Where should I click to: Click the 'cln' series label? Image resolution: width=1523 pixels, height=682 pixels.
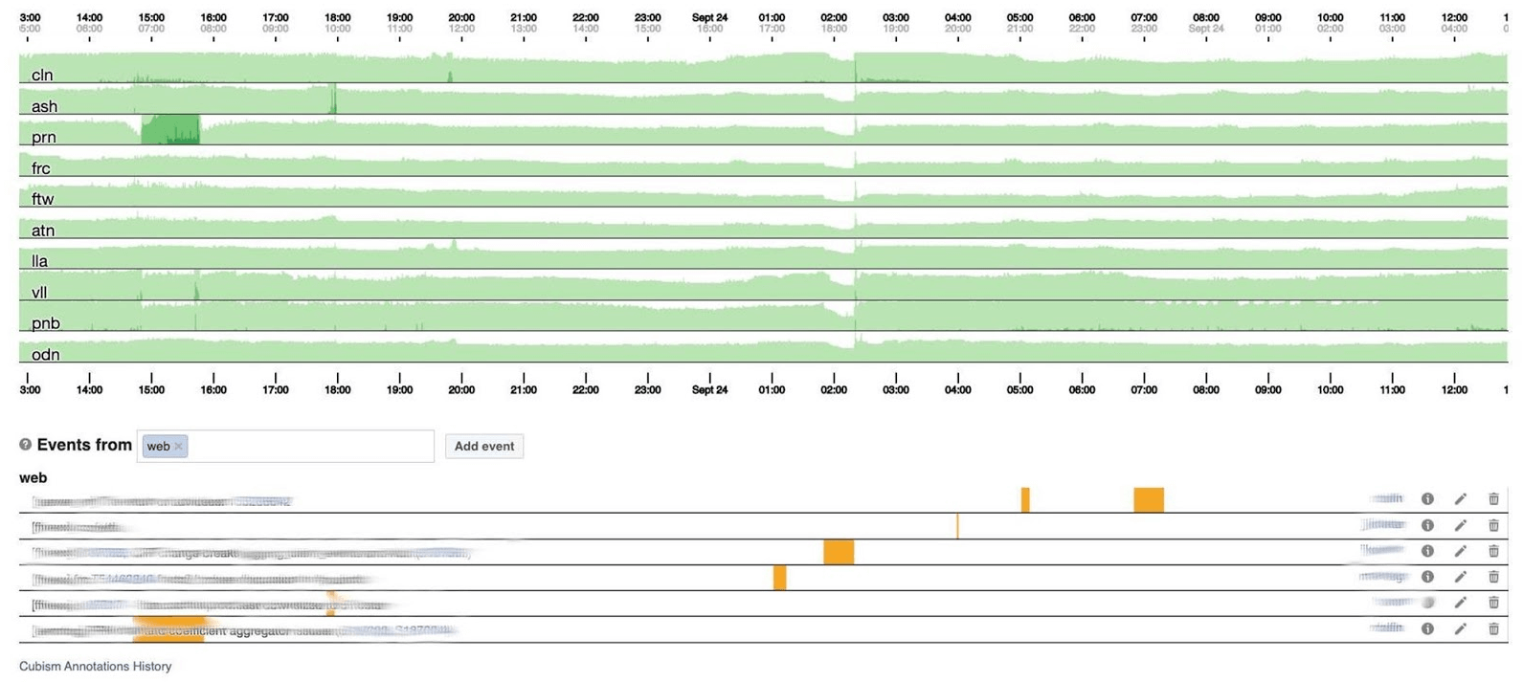[42, 75]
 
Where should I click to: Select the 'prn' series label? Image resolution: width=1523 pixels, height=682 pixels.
[43, 137]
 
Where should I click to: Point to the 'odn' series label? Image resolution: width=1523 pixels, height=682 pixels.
[45, 354]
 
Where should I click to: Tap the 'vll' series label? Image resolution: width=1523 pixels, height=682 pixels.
[39, 292]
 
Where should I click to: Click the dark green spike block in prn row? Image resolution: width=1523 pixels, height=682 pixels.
[170, 129]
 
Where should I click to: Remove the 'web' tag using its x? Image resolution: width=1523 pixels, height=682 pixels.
[178, 446]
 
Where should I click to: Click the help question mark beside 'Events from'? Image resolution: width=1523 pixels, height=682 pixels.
[26, 445]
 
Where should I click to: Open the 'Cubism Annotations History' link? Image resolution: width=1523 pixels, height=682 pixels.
[95, 666]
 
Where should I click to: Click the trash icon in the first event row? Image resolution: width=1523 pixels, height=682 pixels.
[1492, 498]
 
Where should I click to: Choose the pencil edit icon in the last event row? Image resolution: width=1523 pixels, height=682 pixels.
[1460, 628]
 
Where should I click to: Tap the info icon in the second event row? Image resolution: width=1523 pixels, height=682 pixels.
[1427, 525]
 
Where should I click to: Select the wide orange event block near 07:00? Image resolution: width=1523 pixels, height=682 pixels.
[1149, 499]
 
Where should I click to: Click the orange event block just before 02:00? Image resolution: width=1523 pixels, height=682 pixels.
[839, 552]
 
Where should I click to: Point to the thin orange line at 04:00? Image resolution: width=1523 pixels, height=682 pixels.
[957, 525]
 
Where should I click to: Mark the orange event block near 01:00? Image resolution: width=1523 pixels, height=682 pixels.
[780, 577]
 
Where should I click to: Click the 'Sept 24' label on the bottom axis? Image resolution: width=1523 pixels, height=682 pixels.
[709, 389]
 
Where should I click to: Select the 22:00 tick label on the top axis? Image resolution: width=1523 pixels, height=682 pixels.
[585, 17]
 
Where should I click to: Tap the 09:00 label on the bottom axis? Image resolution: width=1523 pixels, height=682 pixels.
[1267, 389]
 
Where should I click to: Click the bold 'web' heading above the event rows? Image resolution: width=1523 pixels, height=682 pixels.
[33, 477]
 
